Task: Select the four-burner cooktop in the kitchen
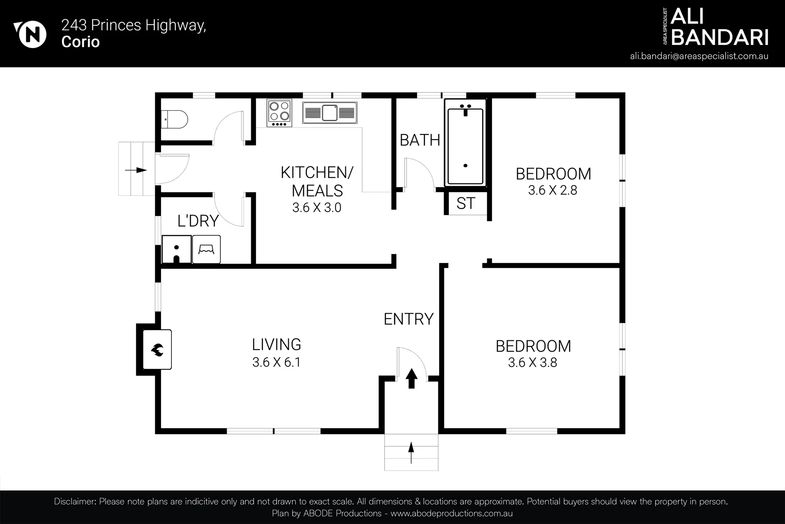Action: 280,113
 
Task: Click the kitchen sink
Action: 330,113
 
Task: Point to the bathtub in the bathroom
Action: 465,143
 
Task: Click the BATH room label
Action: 420,140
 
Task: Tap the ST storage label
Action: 466,203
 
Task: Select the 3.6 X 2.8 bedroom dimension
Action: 553,190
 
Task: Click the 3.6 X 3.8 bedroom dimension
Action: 532,363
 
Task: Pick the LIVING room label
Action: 276,345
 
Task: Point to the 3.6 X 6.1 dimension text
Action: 276,362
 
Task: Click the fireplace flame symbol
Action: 157,349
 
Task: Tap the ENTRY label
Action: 409,319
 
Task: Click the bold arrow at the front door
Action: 411,378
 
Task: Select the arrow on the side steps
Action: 136,170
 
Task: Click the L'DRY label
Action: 198,221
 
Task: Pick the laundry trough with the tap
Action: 177,250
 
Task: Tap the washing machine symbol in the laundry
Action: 206,250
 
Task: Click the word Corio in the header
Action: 81,42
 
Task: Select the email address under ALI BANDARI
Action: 699,56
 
